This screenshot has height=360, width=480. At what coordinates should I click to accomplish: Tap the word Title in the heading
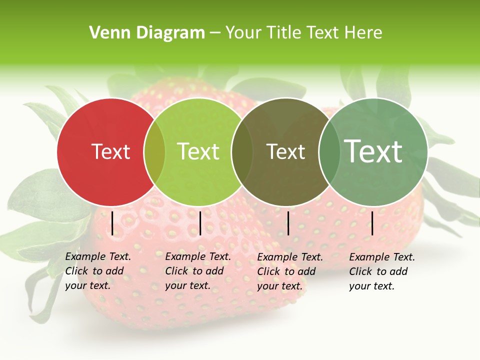click(284, 33)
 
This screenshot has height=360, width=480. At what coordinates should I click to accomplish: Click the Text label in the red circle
click(110, 151)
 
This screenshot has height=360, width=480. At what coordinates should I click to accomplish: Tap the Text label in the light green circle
click(198, 151)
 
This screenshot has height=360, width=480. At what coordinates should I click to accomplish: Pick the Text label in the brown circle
click(285, 151)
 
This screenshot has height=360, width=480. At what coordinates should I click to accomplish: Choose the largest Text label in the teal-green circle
click(373, 151)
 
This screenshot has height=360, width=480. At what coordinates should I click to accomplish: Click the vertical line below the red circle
click(112, 223)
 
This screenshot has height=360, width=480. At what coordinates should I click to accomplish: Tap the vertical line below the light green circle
click(200, 223)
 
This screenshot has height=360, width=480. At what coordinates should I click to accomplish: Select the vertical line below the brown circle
click(288, 223)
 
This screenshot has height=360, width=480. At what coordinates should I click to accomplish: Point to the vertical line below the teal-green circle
click(372, 223)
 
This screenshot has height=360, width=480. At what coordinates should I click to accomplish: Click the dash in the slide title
click(215, 33)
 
